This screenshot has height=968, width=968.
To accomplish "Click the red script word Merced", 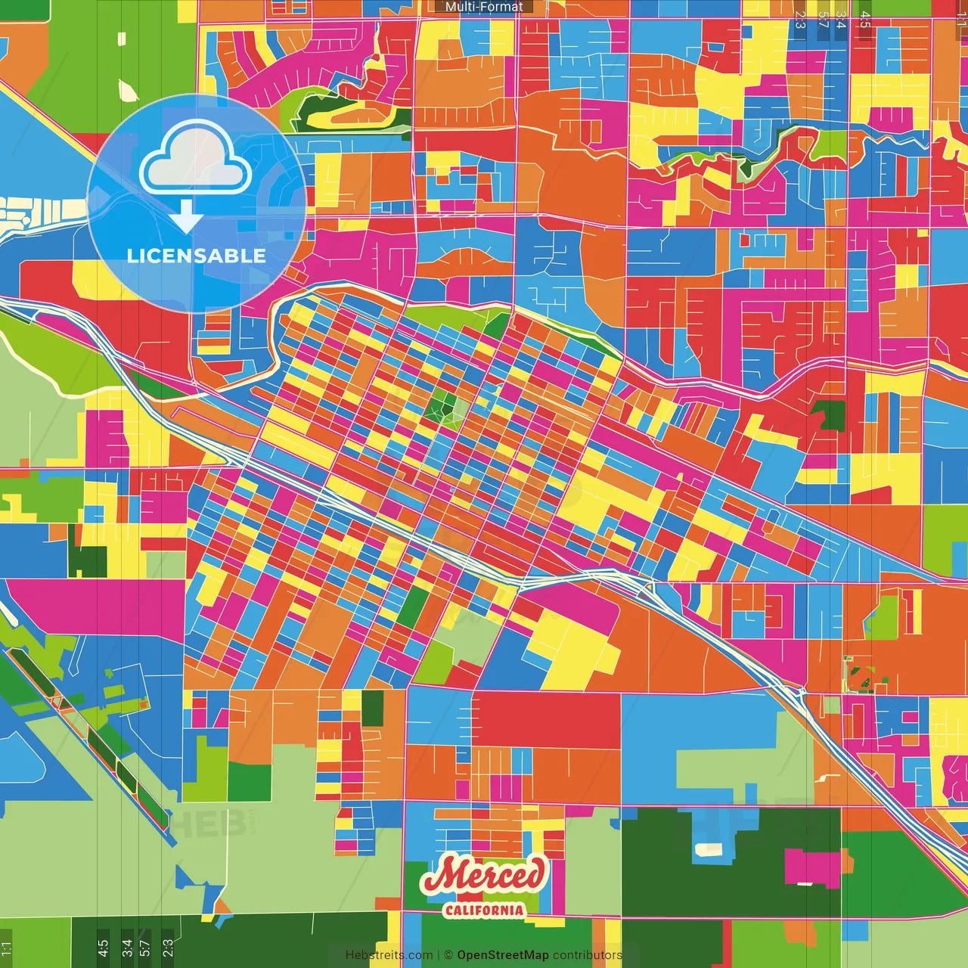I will (x=483, y=875).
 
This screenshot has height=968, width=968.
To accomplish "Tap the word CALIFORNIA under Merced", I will (x=483, y=910).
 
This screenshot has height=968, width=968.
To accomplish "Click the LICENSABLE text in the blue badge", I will (x=197, y=256).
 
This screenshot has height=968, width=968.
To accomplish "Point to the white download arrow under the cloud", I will (x=186, y=217).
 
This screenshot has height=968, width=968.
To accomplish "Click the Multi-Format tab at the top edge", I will (x=483, y=7).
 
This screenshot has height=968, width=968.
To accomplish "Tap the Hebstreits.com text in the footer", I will (x=389, y=955).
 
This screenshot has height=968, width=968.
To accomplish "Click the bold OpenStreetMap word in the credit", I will (x=502, y=955).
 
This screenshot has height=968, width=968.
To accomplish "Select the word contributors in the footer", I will (x=587, y=955).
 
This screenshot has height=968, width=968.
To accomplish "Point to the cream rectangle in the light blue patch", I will (x=709, y=849).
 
